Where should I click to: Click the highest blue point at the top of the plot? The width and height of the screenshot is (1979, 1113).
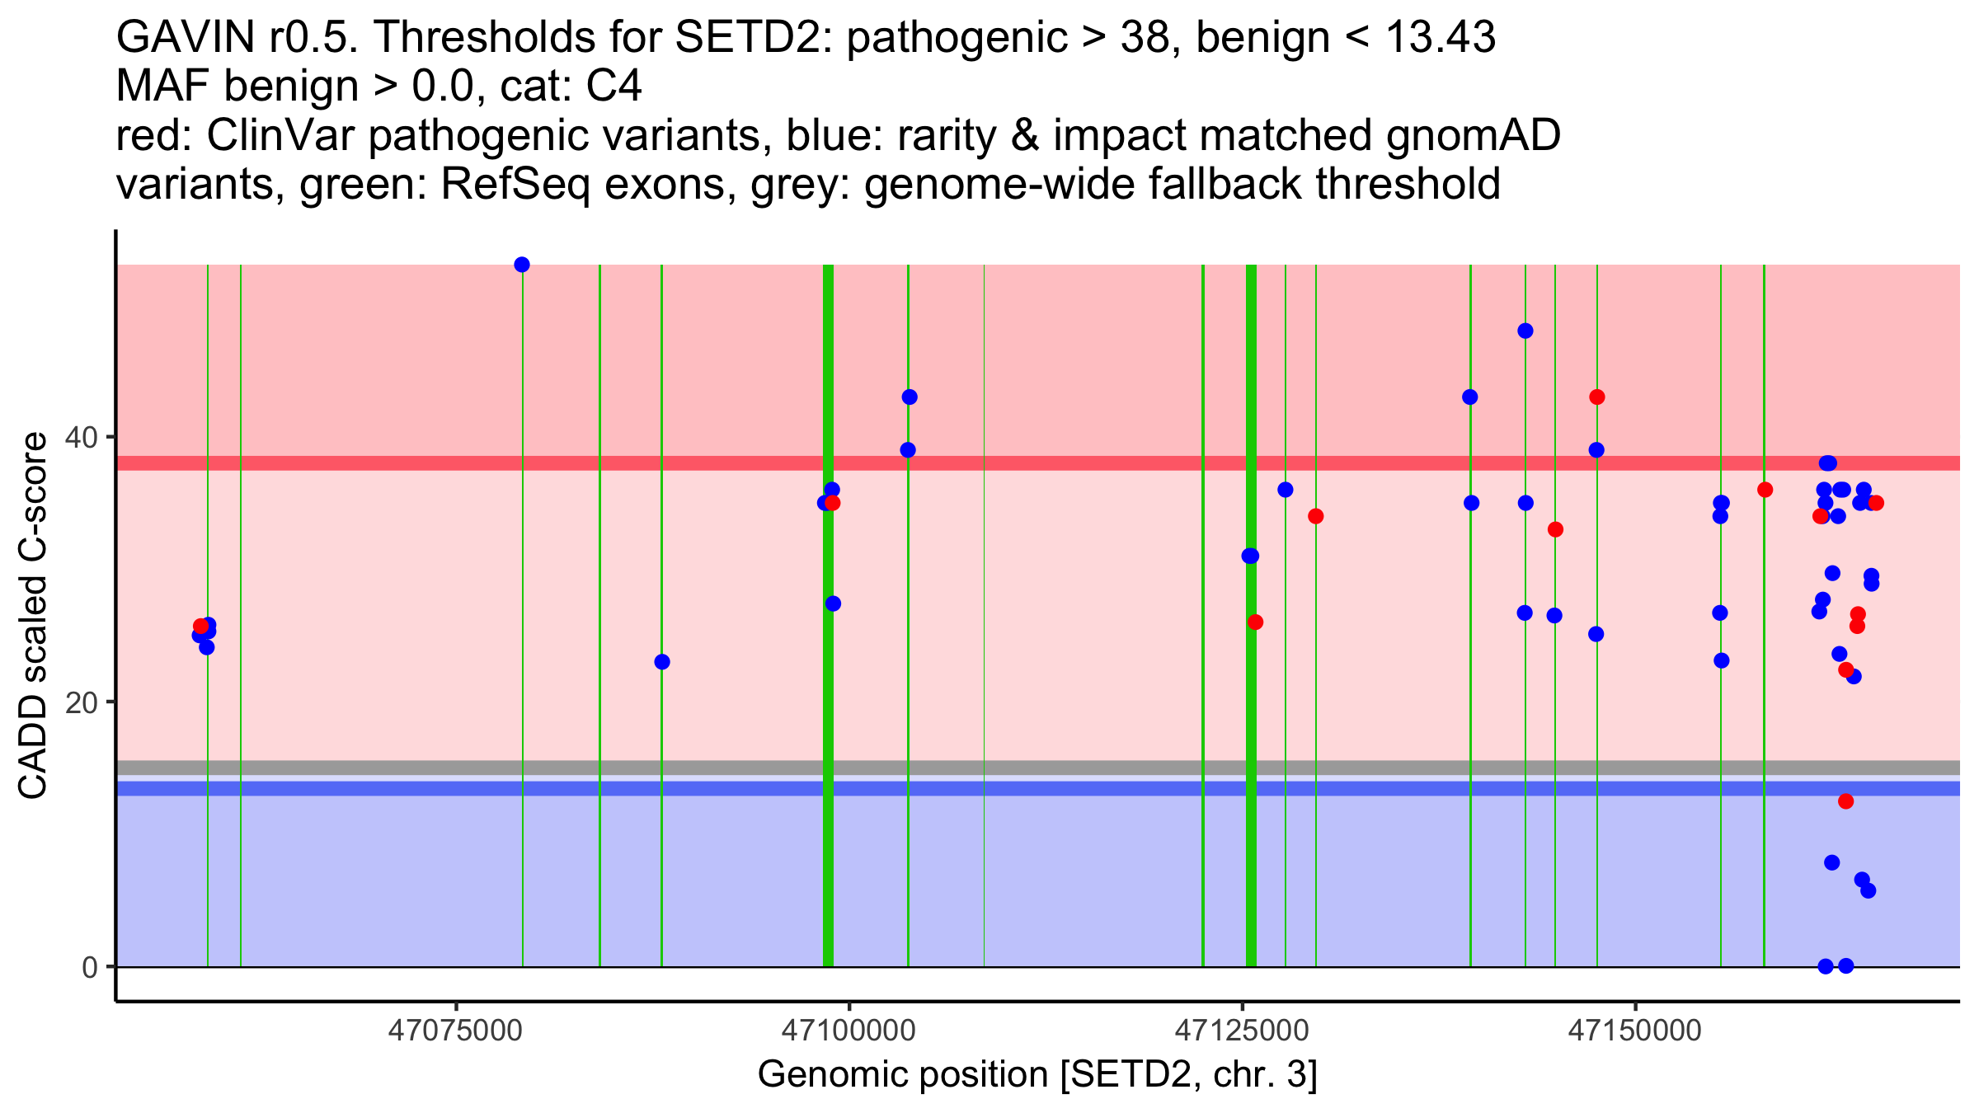tap(522, 265)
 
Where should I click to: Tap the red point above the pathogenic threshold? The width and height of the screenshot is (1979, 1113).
tap(1596, 397)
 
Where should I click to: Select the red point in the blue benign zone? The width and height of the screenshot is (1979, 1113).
tap(1845, 801)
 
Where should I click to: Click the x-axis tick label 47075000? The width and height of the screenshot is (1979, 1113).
tap(455, 1031)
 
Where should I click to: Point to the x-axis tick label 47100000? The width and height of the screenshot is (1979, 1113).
tap(848, 1031)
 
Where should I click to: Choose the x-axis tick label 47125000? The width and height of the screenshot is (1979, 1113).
tap(1242, 1031)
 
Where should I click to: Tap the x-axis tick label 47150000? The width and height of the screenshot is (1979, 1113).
tap(1635, 1031)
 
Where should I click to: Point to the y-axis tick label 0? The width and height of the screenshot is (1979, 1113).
tap(90, 967)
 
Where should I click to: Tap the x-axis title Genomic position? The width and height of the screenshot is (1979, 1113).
tap(1037, 1075)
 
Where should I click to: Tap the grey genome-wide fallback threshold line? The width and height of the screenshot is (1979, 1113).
tap(1072, 768)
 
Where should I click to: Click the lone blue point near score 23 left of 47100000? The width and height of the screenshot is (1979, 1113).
tap(662, 662)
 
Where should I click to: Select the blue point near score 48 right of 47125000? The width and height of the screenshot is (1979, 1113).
tap(1525, 331)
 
